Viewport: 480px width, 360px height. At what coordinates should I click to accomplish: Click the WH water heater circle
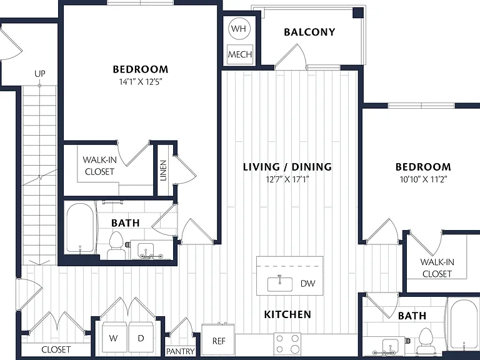point(239,29)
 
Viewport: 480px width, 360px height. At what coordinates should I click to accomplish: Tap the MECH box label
point(240,54)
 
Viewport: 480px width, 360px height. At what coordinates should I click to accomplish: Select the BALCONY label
point(309,32)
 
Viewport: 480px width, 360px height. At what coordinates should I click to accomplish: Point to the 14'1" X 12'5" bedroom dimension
point(140,82)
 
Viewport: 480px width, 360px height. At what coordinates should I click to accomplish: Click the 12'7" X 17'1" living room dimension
point(287,179)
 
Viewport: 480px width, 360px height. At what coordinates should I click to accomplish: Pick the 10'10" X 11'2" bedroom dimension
point(423,179)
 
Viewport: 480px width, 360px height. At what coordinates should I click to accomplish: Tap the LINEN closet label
point(164,171)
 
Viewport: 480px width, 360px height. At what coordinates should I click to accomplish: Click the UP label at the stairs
point(40,74)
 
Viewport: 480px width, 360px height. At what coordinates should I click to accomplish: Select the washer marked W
point(114,337)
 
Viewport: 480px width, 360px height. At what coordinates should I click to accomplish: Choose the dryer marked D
point(141,337)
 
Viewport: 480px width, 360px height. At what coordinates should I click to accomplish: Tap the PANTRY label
point(180,351)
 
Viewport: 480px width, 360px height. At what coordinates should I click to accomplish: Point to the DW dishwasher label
point(307,284)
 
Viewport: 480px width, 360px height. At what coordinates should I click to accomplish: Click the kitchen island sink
point(280,284)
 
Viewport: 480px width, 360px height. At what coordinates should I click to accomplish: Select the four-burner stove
point(287,344)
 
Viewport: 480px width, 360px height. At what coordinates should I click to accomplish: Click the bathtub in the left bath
point(81,228)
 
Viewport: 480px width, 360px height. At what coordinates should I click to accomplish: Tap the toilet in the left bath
point(116,246)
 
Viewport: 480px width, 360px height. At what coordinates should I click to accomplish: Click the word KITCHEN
point(287,314)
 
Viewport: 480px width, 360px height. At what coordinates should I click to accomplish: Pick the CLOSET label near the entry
point(56,349)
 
